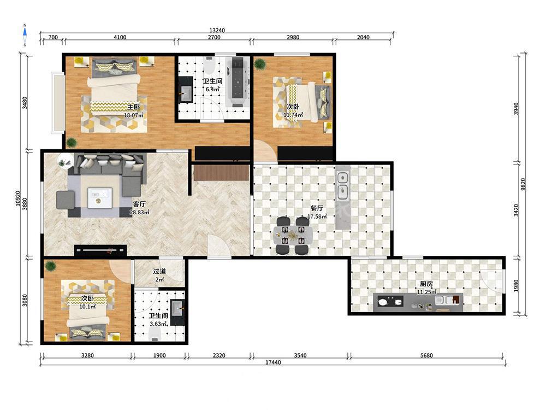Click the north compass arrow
tap(25, 32)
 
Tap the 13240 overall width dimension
tap(217, 30)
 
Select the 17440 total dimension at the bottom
tap(273, 362)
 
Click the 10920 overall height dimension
tap(19, 199)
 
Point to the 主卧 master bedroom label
tap(133, 107)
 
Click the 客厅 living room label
tap(139, 204)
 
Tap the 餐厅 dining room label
tap(317, 208)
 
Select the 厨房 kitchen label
tap(426, 284)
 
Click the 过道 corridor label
tap(159, 271)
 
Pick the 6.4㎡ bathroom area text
tap(212, 89)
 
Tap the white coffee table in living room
tap(100, 198)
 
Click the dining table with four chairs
tap(293, 235)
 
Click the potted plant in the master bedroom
tap(72, 142)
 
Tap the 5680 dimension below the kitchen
tap(426, 355)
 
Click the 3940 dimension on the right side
tap(516, 109)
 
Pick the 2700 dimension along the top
tap(214, 37)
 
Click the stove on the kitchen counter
tap(390, 301)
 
